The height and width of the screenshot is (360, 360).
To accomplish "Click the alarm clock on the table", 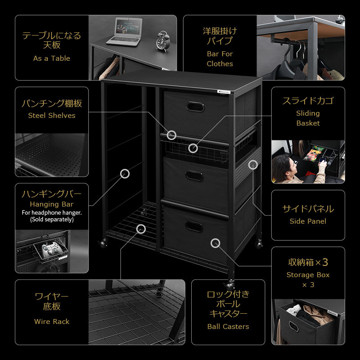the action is pyautogui.click(x=163, y=41).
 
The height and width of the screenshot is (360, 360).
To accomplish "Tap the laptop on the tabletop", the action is pyautogui.click(x=126, y=32).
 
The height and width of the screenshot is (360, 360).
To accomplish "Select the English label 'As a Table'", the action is pyautogui.click(x=52, y=58).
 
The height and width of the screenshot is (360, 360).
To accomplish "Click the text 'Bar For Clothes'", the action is pyautogui.click(x=220, y=59).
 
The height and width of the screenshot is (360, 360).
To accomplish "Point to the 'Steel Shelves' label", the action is pyautogui.click(x=52, y=116).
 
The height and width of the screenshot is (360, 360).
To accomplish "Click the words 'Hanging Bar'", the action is pyautogui.click(x=52, y=204).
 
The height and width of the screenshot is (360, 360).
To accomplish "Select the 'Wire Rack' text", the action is pyautogui.click(x=52, y=321).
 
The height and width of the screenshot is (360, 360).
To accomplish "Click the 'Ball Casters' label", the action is pyautogui.click(x=228, y=327).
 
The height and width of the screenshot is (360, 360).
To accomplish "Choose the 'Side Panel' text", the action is pyautogui.click(x=308, y=221).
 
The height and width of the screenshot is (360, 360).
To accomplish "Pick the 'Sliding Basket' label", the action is pyautogui.click(x=308, y=118).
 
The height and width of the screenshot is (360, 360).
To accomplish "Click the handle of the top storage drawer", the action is pyautogui.click(x=195, y=107).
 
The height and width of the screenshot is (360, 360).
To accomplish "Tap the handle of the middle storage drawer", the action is pyautogui.click(x=194, y=175).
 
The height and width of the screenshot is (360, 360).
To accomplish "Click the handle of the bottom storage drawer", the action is pyautogui.click(x=194, y=227).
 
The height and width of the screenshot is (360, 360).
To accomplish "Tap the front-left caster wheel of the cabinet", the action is pyautogui.click(x=103, y=243).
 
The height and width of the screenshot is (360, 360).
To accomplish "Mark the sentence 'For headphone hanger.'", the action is pyautogui.click(x=52, y=212).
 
